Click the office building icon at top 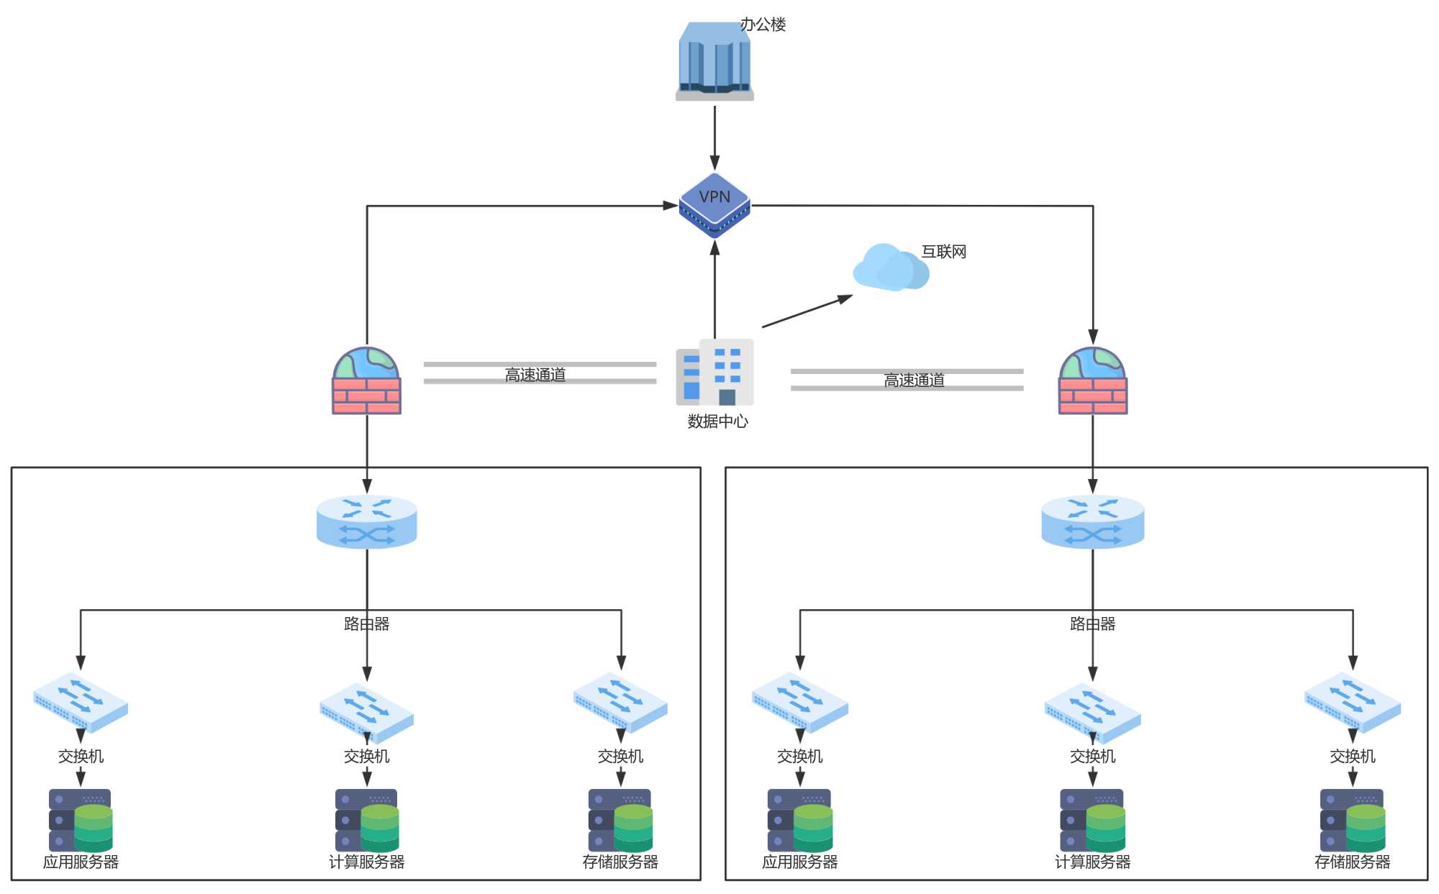(x=714, y=62)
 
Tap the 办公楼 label (x=763, y=24)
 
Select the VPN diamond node (x=714, y=205)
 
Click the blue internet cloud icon (x=891, y=268)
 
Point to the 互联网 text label (x=944, y=252)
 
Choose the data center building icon (x=714, y=373)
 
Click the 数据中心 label (x=717, y=421)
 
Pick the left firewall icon (x=366, y=381)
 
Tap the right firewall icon (x=1093, y=381)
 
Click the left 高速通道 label (x=535, y=375)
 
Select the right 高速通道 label (x=914, y=380)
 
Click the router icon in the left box (x=367, y=521)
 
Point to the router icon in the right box (x=1093, y=521)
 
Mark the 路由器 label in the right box (x=1093, y=624)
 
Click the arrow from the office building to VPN (x=714, y=137)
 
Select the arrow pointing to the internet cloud (x=806, y=311)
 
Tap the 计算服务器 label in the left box (x=367, y=862)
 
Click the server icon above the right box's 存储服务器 (x=1353, y=820)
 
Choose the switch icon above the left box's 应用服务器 (x=81, y=701)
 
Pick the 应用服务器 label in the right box (x=800, y=862)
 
